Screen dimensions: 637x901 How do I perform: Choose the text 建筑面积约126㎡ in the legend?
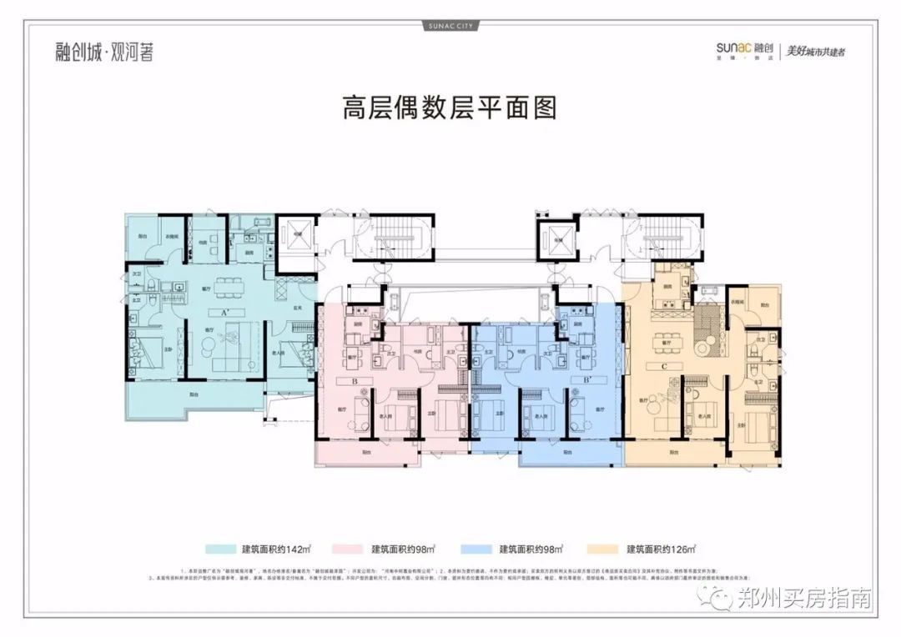(661, 549)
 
